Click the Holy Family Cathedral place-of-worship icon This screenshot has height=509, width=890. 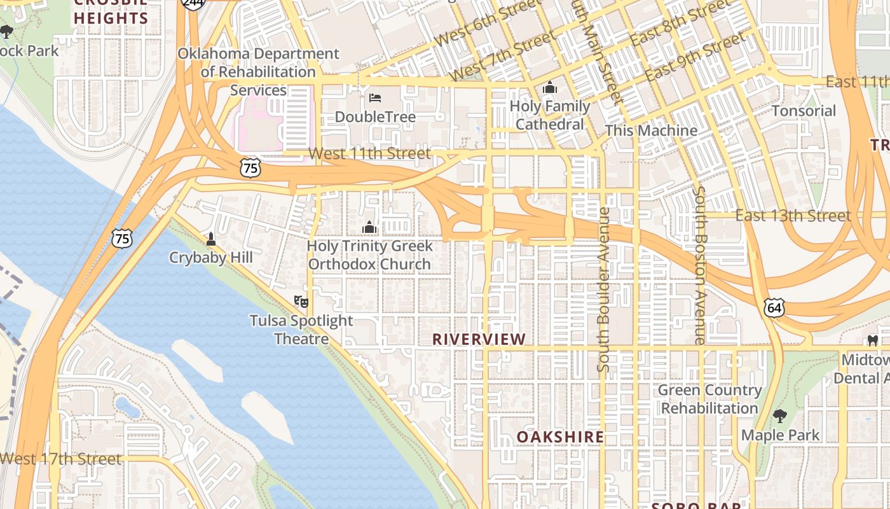pyautogui.click(x=550, y=88)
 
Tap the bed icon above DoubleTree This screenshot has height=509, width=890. pyautogui.click(x=375, y=98)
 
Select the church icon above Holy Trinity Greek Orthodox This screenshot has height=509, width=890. pyautogui.click(x=369, y=227)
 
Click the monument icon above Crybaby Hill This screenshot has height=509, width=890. pyautogui.click(x=211, y=239)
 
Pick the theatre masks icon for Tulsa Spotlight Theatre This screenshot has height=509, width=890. pyautogui.click(x=301, y=301)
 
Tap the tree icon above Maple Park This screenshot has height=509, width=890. pyautogui.click(x=780, y=417)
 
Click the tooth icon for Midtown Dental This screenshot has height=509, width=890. pyautogui.click(x=873, y=341)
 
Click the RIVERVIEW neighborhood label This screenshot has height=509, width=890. pyautogui.click(x=479, y=340)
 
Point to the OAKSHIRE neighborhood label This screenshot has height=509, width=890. pyautogui.click(x=560, y=437)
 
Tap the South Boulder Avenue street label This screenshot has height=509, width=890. pyautogui.click(x=604, y=289)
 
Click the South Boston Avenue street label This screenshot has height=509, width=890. pyautogui.click(x=699, y=265)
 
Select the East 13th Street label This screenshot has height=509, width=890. pyautogui.click(x=793, y=216)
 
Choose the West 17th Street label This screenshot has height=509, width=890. pyautogui.click(x=60, y=459)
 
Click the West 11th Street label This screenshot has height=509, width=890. pyautogui.click(x=369, y=153)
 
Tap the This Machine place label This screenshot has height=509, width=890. pyautogui.click(x=651, y=130)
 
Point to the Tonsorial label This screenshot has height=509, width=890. pyautogui.click(x=804, y=111)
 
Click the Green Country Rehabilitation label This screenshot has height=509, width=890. pyautogui.click(x=709, y=399)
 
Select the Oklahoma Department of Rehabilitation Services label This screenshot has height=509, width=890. pyautogui.click(x=258, y=72)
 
